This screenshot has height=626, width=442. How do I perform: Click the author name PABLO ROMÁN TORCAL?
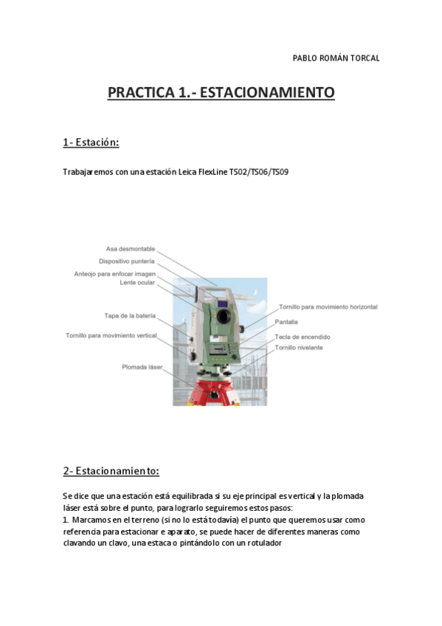(x=336, y=58)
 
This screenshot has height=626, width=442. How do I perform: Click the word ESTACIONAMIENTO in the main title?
(x=267, y=93)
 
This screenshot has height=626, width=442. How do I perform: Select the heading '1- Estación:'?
(x=91, y=142)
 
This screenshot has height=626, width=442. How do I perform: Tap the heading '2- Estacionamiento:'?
(x=111, y=470)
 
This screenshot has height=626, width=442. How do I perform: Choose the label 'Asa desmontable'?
(x=131, y=249)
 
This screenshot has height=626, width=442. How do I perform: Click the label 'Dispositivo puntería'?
(x=127, y=261)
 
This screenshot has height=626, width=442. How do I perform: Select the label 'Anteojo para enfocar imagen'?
(x=115, y=274)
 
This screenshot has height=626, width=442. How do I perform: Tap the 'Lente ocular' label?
(x=137, y=283)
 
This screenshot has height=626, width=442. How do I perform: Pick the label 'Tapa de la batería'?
(x=130, y=316)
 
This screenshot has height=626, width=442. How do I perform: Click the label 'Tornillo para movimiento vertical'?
(x=111, y=336)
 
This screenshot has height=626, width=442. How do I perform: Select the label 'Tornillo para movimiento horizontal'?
(x=328, y=306)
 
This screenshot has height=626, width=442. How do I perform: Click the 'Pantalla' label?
(x=287, y=322)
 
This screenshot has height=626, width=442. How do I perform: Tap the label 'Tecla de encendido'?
(x=303, y=337)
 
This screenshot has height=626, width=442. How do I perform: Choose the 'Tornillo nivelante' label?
(x=299, y=347)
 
